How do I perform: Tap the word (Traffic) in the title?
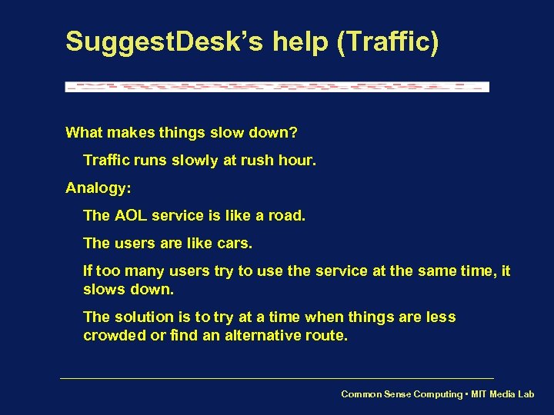click(x=388, y=41)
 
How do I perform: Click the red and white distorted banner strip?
click(x=277, y=87)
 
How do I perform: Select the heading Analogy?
click(x=98, y=188)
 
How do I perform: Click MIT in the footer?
click(x=479, y=394)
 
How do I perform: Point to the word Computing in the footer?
click(x=436, y=394)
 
